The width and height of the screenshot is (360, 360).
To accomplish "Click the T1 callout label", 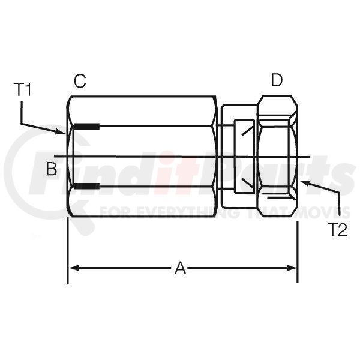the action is (x=22, y=90).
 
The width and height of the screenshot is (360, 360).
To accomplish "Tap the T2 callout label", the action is (x=338, y=230).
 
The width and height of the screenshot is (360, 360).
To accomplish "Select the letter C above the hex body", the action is (x=80, y=81).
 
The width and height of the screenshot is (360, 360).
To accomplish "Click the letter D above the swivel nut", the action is (x=277, y=80).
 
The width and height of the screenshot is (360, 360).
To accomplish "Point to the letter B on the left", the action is (x=52, y=169).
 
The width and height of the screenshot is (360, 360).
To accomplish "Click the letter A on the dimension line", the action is (x=180, y=268).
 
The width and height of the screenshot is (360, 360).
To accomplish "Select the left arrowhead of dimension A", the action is (x=74, y=268).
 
